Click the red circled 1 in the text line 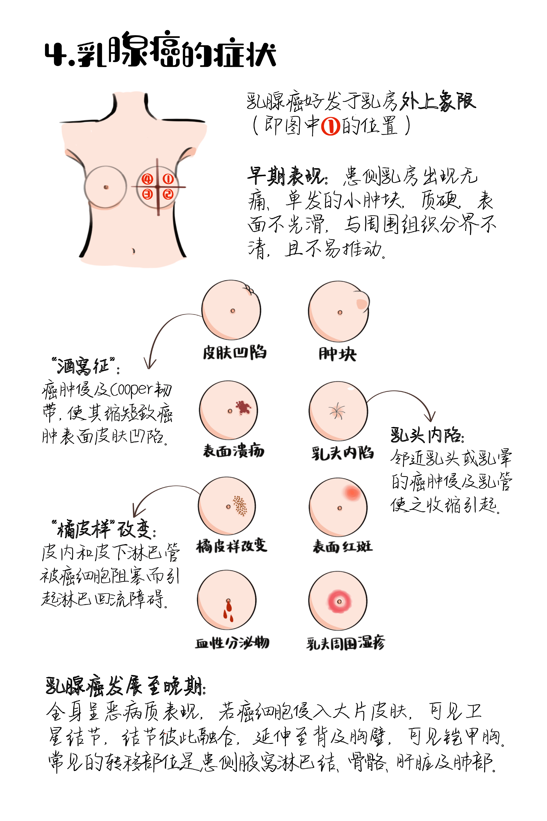(x=330, y=126)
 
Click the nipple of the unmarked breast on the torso (x=106, y=187)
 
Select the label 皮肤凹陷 (x=234, y=353)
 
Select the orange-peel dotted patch (x=240, y=505)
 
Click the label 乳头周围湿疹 (x=345, y=643)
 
